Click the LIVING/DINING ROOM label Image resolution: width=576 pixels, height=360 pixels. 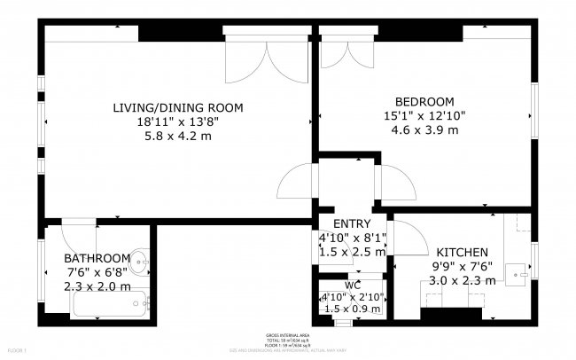[177, 107]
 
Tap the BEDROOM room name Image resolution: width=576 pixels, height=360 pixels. [424, 101]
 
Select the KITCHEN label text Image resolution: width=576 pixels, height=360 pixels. [455, 252]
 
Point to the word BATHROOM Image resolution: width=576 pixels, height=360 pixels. [97, 259]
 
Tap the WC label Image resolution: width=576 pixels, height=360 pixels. [352, 285]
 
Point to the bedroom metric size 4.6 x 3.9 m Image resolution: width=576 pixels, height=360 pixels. [424, 129]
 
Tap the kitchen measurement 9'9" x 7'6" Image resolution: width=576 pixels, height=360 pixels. [455, 266]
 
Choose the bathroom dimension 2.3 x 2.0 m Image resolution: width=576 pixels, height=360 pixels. [97, 286]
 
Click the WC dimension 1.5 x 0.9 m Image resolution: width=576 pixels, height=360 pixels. [352, 309]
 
